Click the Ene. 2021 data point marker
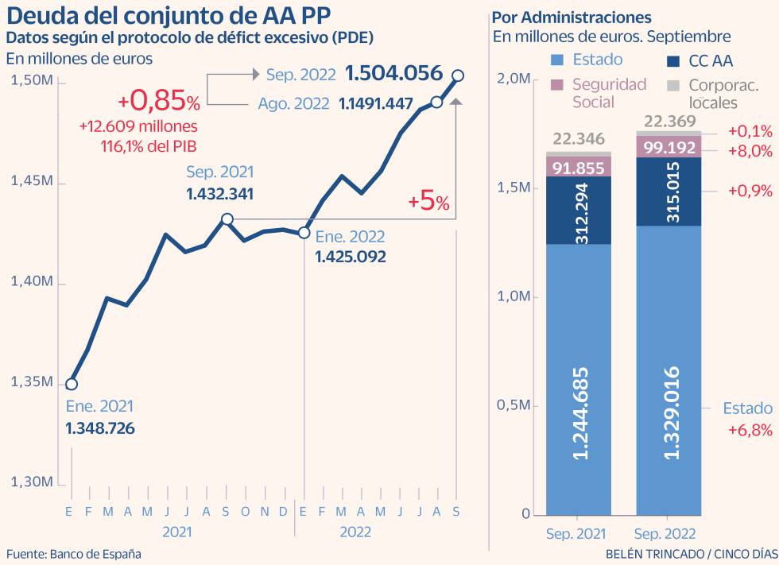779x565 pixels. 72,384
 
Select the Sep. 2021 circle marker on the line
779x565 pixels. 227,219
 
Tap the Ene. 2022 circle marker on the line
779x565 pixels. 304,232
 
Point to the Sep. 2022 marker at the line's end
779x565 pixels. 457,75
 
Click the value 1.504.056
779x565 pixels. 393,74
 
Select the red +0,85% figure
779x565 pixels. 159,102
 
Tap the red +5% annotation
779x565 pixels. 428,201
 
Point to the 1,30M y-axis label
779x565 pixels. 32,482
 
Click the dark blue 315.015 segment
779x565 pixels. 669,192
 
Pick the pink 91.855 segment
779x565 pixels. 578,167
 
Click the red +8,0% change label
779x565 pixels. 750,151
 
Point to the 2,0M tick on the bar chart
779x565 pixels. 513,79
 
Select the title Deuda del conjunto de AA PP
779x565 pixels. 168,17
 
